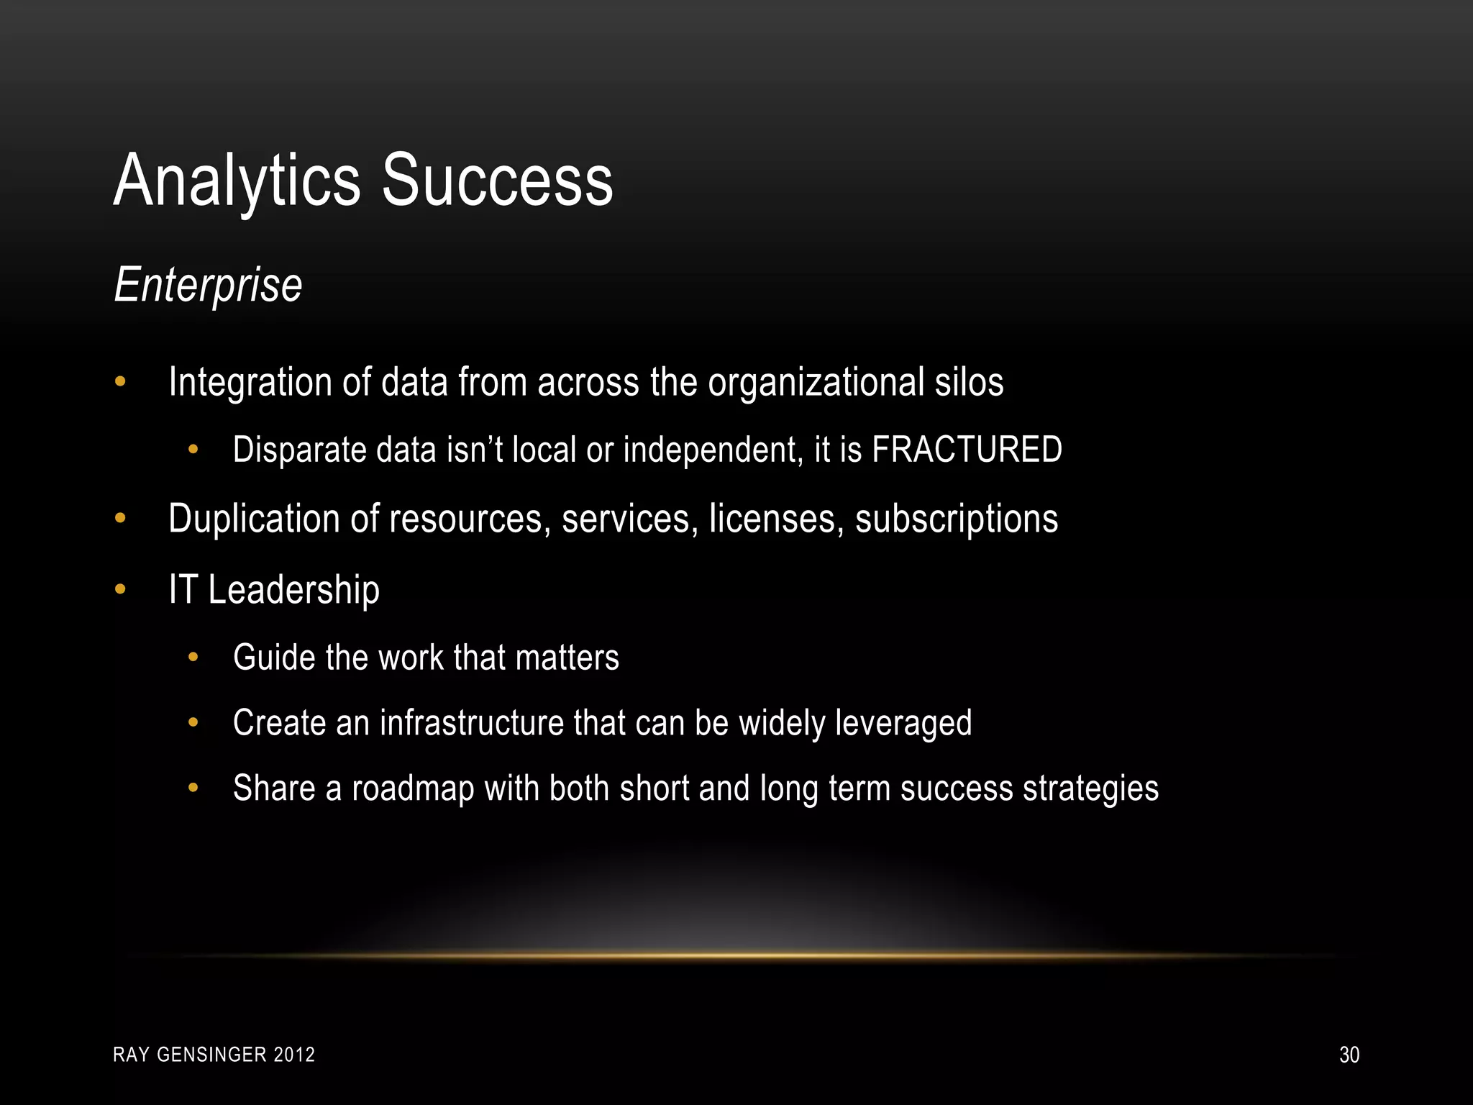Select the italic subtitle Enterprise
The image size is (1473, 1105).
(208, 286)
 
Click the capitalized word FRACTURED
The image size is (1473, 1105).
(967, 450)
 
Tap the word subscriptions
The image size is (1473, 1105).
(957, 519)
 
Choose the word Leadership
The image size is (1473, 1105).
(293, 590)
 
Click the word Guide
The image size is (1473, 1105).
(274, 658)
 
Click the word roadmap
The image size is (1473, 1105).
(413, 788)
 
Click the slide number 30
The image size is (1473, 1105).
(1349, 1055)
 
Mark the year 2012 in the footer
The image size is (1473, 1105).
(295, 1055)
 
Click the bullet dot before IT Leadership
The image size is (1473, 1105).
(120, 590)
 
